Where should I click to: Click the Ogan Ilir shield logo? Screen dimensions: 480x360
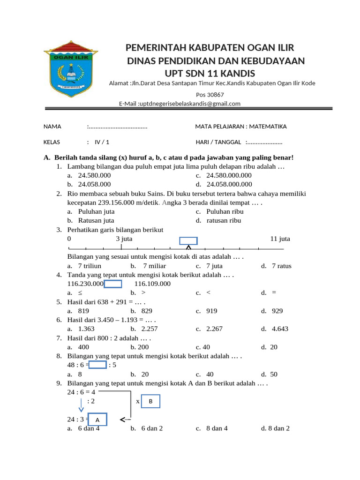point(69,71)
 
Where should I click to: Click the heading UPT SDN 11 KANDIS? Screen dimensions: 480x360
point(210,74)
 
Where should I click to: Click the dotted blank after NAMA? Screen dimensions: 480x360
point(117,127)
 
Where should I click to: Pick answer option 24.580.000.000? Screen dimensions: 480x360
point(229,175)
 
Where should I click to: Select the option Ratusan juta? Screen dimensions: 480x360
point(96,220)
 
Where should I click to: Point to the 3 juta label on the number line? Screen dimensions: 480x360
point(124,239)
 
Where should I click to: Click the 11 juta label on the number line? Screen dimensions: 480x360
point(280,239)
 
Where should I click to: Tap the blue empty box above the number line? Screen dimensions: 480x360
point(189,240)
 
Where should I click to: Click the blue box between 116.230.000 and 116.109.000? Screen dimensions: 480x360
point(113,284)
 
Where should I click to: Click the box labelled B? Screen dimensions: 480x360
point(150,402)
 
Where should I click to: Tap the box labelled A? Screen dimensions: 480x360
point(97,419)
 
